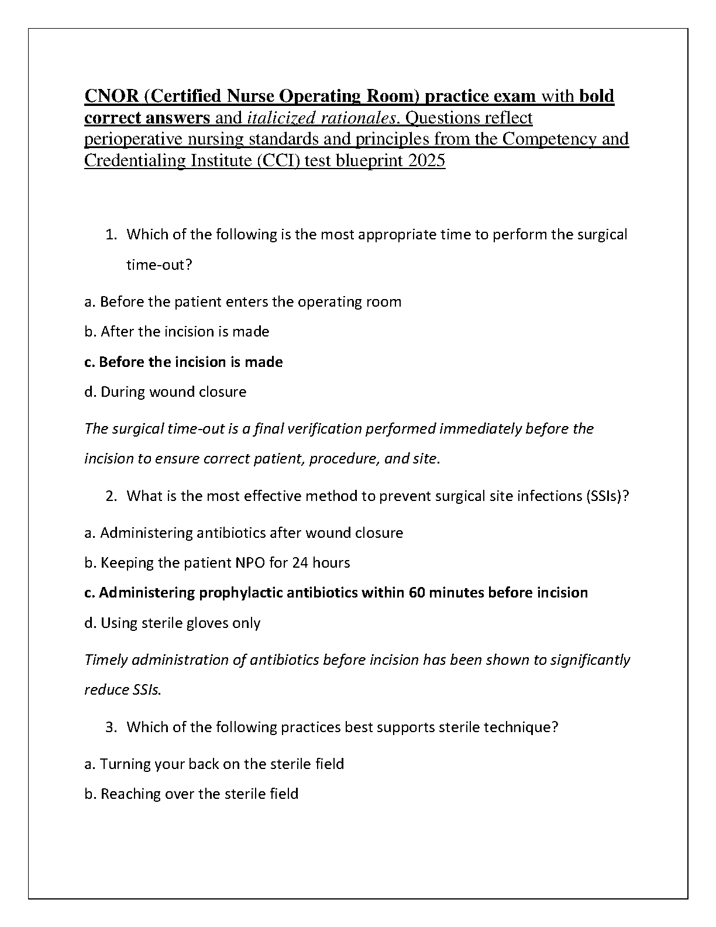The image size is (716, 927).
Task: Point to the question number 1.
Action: pyautogui.click(x=111, y=235)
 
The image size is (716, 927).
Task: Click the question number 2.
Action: pyautogui.click(x=111, y=496)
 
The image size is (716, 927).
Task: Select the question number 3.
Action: pyautogui.click(x=111, y=727)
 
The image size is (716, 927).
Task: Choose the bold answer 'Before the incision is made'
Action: pyautogui.click(x=184, y=362)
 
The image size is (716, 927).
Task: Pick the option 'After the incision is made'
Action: pyautogui.click(x=177, y=332)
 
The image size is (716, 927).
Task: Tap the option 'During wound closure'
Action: pyautogui.click(x=166, y=392)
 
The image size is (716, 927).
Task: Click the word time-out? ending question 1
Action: pyautogui.click(x=159, y=265)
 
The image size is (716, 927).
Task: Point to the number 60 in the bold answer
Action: pyautogui.click(x=416, y=593)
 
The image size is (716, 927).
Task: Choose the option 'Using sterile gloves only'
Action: pyautogui.click(x=173, y=623)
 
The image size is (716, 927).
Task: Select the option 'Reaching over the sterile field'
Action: pyautogui.click(x=191, y=794)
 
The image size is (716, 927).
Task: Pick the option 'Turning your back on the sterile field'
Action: pyautogui.click(x=214, y=764)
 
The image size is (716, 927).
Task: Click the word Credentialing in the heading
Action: pyautogui.click(x=135, y=160)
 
